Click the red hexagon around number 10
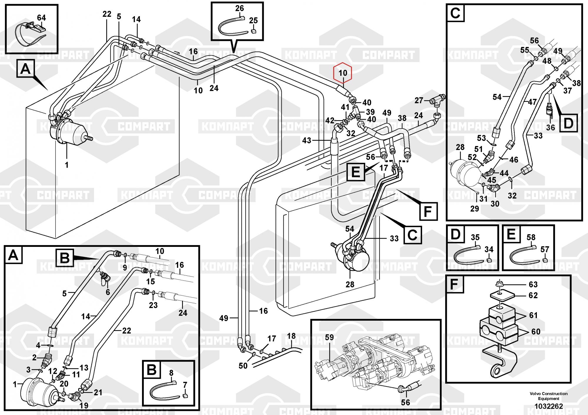tap(343, 73)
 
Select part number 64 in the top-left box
tap(41, 18)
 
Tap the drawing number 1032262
tap(549, 406)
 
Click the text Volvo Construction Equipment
tap(549, 396)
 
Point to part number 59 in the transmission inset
tap(329, 337)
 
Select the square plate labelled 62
tap(500, 295)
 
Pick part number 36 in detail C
tap(550, 127)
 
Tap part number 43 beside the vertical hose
tap(306, 140)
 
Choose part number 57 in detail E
tap(544, 250)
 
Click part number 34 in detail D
tap(489, 250)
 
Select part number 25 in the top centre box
tap(253, 21)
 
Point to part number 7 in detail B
tap(185, 385)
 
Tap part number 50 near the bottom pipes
tap(243, 366)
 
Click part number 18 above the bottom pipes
tap(291, 336)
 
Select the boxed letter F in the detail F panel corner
tap(455, 284)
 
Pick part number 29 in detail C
tap(475, 209)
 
